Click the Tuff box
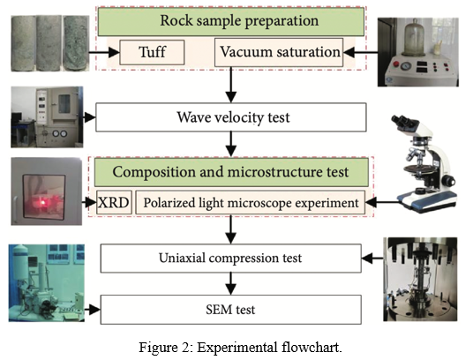(x=152, y=52)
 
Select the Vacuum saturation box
(x=279, y=52)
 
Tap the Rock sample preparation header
(x=231, y=21)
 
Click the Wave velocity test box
(x=231, y=117)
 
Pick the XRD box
(x=114, y=202)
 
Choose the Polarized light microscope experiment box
(x=251, y=202)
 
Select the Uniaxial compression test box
(x=231, y=259)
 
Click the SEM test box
(x=231, y=310)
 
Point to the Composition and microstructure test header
(x=231, y=172)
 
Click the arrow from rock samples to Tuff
(x=104, y=52)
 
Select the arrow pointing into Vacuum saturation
(x=360, y=52)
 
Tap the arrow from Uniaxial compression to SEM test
(x=231, y=284)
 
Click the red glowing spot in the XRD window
(x=43, y=203)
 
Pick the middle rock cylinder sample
(x=49, y=43)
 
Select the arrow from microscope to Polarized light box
(x=381, y=202)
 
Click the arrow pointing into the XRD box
(x=89, y=202)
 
